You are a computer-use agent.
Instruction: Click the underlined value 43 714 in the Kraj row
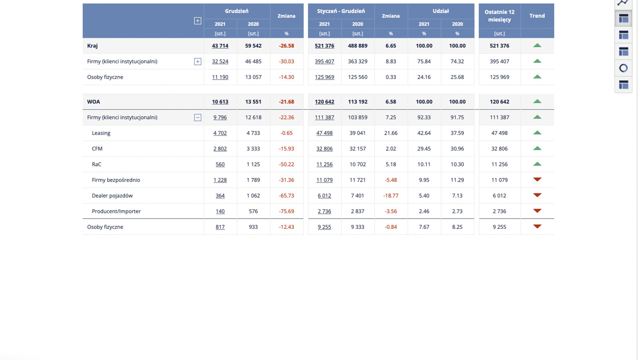(x=220, y=46)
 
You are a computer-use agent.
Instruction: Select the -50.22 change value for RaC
(x=286, y=164)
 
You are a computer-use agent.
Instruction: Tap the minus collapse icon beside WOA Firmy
(x=198, y=118)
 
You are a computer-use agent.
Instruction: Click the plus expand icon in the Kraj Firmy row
(x=198, y=61)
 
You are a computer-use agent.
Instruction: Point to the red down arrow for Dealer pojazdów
(x=537, y=195)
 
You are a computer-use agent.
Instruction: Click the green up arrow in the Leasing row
(x=537, y=133)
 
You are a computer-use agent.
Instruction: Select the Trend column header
(x=537, y=16)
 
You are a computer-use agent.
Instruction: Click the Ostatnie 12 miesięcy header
(x=500, y=16)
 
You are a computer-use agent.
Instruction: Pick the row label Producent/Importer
(x=116, y=211)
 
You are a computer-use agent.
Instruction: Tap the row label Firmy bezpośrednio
(x=116, y=180)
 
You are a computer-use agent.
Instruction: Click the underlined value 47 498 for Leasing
(x=324, y=133)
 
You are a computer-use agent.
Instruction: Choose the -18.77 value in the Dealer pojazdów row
(x=391, y=196)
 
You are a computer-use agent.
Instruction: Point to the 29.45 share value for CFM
(x=424, y=149)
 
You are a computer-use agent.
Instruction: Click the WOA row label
(x=93, y=102)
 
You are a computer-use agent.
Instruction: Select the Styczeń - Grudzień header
(x=341, y=11)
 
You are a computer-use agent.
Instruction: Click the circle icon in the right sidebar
(x=623, y=68)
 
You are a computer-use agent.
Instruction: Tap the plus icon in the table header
(x=198, y=21)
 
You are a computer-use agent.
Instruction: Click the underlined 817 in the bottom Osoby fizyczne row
(x=220, y=227)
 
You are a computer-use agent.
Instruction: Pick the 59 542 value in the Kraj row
(x=253, y=46)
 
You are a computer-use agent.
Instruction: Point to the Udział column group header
(x=440, y=11)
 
